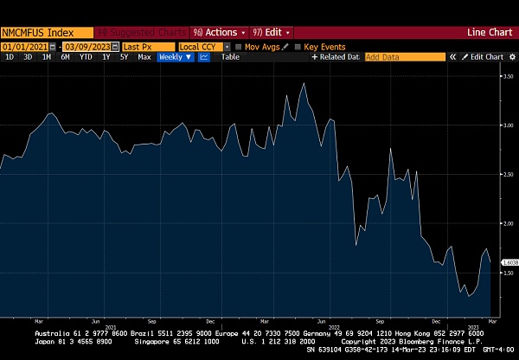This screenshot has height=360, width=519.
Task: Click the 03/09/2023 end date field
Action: tap(89, 46)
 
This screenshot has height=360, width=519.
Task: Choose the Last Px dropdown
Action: tap(147, 46)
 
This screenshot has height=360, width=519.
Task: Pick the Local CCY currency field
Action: tap(201, 46)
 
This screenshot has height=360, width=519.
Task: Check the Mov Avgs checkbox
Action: tap(240, 46)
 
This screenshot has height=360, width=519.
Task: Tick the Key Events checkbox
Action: tap(298, 46)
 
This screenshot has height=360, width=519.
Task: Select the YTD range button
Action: tap(86, 57)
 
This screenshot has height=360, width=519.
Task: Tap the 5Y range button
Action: tap(125, 57)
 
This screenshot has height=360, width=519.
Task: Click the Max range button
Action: tap(144, 57)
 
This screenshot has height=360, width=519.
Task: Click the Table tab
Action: tap(230, 57)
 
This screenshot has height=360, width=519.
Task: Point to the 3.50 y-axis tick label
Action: tap(509, 76)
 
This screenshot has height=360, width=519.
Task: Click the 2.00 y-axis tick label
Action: tap(509, 223)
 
